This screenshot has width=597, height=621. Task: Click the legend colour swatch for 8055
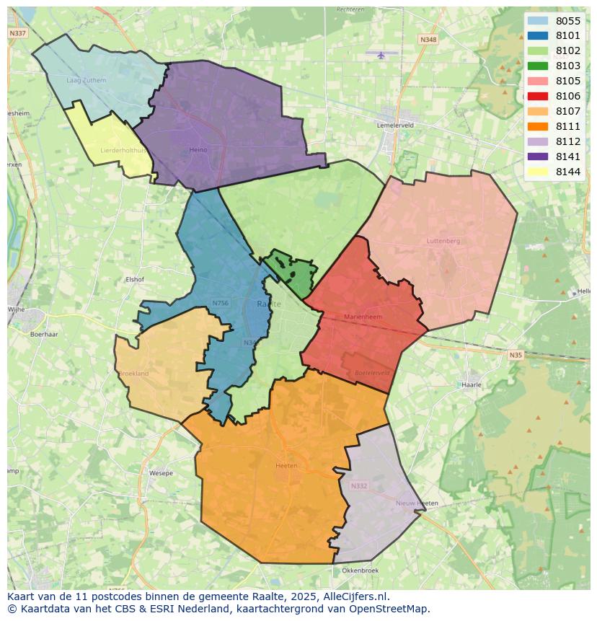tap(537, 21)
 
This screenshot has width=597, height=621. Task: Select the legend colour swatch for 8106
tap(537, 96)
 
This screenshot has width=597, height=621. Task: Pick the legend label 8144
tap(568, 172)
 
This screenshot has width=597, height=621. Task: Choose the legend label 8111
tap(568, 126)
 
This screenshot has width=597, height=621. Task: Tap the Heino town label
tap(198, 150)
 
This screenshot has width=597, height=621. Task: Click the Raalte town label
tap(269, 304)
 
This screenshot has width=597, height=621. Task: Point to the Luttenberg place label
tap(443, 241)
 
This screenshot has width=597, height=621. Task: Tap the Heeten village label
tap(286, 466)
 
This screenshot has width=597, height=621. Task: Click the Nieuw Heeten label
tap(417, 503)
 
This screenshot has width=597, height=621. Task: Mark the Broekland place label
tap(133, 374)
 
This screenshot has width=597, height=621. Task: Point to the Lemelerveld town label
tap(395, 125)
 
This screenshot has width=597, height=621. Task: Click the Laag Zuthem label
tap(86, 80)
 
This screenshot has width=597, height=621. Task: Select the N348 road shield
tap(428, 40)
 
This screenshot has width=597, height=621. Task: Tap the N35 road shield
tap(515, 355)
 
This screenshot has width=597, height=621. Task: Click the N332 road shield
tap(358, 486)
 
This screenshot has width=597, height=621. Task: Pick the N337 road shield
tap(17, 33)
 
